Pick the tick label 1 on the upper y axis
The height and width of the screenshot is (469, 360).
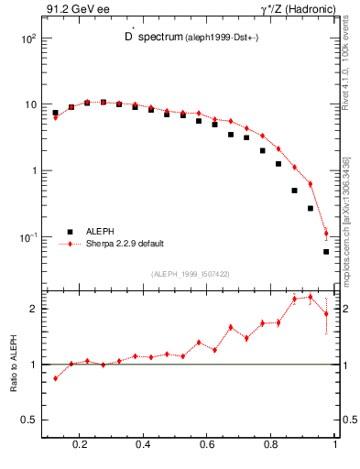33,171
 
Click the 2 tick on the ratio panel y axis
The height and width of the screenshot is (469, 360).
33,309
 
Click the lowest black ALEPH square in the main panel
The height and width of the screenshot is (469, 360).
326,251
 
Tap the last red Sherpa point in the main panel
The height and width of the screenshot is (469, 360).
326,233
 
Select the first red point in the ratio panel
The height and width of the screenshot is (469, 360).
55,377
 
